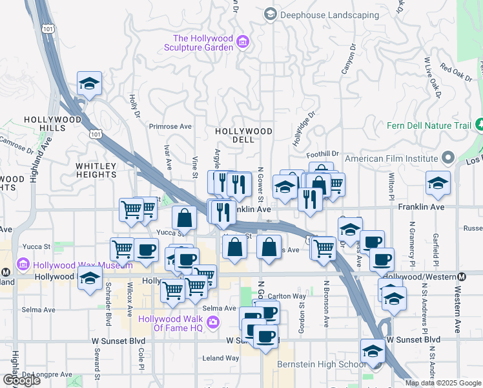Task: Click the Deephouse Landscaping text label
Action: [329, 14]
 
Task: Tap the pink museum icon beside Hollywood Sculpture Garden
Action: [243, 43]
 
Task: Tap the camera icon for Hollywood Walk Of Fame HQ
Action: [212, 322]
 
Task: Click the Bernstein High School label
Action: [321, 365]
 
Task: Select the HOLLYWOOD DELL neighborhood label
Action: [243, 135]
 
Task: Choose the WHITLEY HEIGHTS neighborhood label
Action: [96, 171]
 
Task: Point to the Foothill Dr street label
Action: [322, 154]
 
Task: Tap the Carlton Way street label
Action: [290, 296]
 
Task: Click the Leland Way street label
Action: [221, 358]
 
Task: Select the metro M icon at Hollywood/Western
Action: [461, 276]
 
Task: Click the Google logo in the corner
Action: [21, 380]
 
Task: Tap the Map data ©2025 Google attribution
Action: [442, 383]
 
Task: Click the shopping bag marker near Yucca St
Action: [185, 218]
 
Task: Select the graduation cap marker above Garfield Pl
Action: [438, 183]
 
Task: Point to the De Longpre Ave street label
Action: [47, 374]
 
